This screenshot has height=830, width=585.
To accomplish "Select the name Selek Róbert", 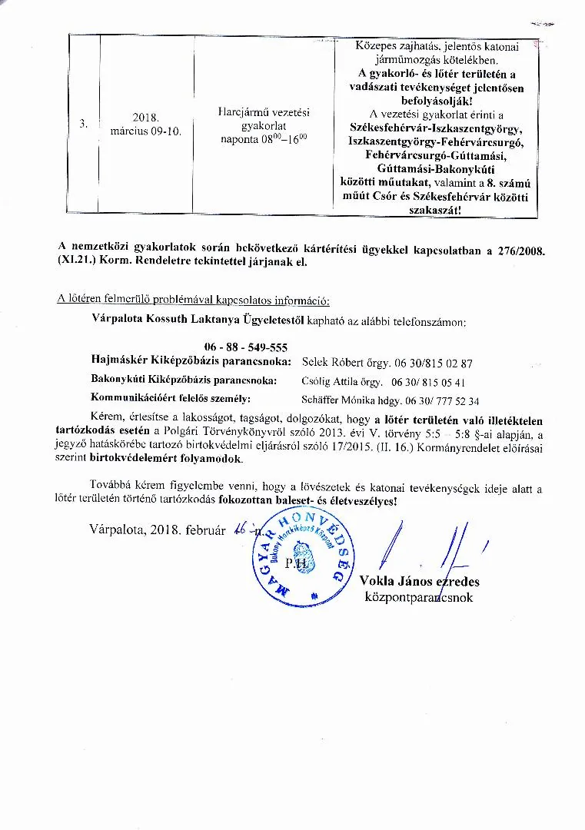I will (336, 362).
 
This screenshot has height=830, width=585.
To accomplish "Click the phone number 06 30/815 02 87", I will (434, 362).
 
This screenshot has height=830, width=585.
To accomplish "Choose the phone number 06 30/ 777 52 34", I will (440, 400).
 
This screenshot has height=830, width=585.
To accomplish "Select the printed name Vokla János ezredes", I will (420, 582).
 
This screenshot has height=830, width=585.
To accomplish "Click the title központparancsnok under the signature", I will (419, 597).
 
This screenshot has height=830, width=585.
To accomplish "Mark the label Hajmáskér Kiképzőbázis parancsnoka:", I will (191, 361).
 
